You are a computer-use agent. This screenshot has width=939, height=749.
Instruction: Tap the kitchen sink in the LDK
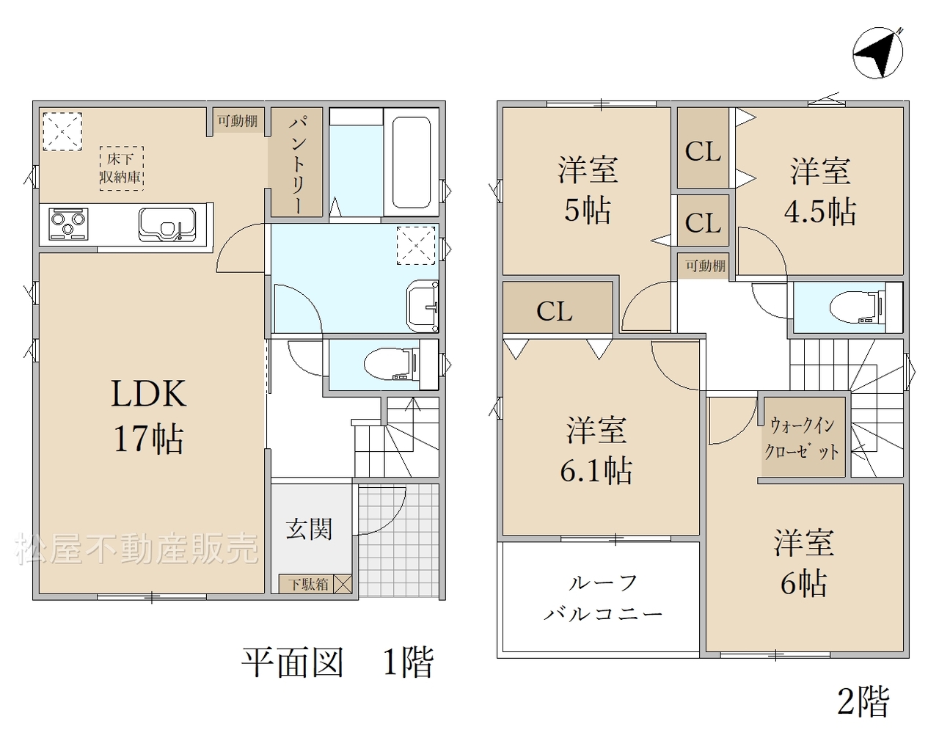(167, 224)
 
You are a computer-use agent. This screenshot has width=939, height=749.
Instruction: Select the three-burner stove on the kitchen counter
(68, 224)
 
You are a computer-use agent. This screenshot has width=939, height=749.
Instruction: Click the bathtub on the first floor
(411, 162)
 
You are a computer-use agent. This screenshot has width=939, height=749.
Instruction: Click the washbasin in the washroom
(423, 307)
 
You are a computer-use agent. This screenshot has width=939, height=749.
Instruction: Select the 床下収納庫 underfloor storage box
(121, 168)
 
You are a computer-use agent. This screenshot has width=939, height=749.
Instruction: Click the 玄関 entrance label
(310, 529)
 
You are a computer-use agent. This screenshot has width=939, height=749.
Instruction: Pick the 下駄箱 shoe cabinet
(315, 583)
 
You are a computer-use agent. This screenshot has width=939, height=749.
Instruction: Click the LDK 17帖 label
(148, 417)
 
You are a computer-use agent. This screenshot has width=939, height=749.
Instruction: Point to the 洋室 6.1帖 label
(596, 450)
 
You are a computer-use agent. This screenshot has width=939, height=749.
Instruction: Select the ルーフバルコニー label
(604, 599)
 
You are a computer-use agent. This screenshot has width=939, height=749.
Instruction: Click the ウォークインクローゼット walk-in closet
(803, 436)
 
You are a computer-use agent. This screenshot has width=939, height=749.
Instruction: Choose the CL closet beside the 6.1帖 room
(558, 307)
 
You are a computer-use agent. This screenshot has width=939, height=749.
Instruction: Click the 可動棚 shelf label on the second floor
(705, 266)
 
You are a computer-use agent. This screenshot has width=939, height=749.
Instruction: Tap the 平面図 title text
(293, 662)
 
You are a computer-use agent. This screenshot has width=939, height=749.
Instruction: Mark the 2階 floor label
(863, 702)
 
